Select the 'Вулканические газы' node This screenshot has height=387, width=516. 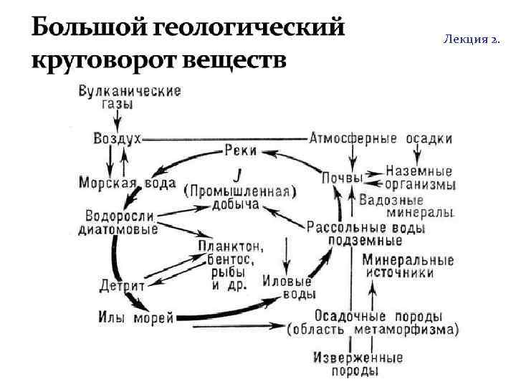pyautogui.click(x=130, y=97)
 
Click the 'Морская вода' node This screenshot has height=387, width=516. pyautogui.click(x=127, y=183)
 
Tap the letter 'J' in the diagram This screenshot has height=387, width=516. pyautogui.click(x=236, y=174)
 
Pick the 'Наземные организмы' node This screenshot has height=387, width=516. pyautogui.click(x=420, y=178)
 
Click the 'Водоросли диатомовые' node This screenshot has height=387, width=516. pyautogui.click(x=118, y=222)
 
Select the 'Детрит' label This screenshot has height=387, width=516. pyautogui.click(x=122, y=285)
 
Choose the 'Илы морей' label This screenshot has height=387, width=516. pyautogui.click(x=135, y=317)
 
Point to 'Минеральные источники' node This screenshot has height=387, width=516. pyautogui.click(x=408, y=266)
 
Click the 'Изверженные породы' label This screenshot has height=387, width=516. pyautogui.click(x=356, y=364)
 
